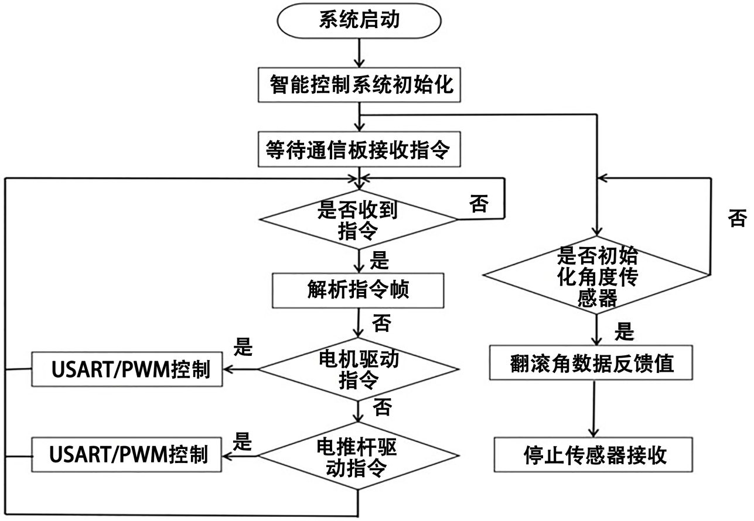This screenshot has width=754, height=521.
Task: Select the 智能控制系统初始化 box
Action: tap(359, 84)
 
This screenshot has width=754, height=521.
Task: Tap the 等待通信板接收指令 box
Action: tap(359, 150)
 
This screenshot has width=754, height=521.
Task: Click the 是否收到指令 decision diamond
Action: tap(359, 220)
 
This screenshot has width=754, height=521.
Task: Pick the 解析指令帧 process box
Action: tap(359, 290)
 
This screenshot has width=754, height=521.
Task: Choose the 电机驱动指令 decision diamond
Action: tap(359, 369)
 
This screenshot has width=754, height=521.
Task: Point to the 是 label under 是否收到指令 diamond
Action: tap(380, 259)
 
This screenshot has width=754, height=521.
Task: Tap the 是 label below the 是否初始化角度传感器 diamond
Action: tap(625, 332)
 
